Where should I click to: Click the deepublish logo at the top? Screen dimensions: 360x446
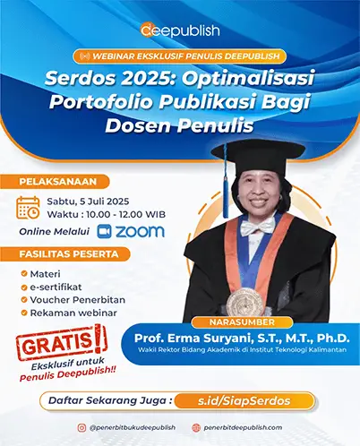tap(180, 30)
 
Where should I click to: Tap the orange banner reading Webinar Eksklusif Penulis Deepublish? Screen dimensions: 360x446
tap(180, 56)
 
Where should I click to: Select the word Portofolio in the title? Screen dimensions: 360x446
tap(101, 102)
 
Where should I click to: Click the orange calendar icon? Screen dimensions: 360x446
tap(28, 208)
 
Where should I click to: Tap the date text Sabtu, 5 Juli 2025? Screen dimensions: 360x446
tap(88, 202)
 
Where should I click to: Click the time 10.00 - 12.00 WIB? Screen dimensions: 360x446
tap(125, 214)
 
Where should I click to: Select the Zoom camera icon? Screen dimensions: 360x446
tap(105, 231)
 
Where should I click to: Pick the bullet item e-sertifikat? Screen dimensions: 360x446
tap(56, 287)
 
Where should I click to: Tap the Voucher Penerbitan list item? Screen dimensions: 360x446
tap(78, 300)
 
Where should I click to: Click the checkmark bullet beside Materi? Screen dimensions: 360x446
tap(24, 273)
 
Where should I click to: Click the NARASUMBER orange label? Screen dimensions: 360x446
tap(242, 322)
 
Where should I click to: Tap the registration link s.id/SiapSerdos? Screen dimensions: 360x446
tap(244, 400)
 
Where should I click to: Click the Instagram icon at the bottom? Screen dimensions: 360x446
tap(81, 428)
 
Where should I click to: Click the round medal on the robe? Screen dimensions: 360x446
tap(244, 302)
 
